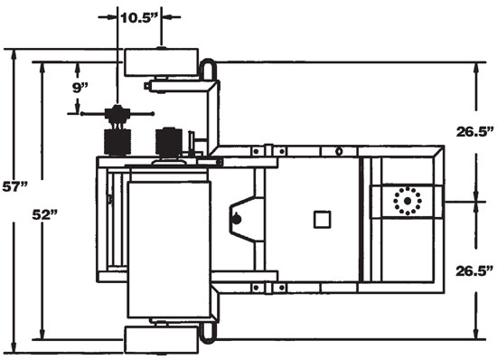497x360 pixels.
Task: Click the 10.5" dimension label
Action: pos(139,16)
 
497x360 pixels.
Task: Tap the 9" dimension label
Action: pos(82,87)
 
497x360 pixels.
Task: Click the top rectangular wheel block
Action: pos(160,61)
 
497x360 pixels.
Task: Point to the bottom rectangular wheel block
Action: pos(160,343)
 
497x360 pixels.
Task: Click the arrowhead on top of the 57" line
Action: pos(14,52)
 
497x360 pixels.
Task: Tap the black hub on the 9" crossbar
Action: pos(117,114)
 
